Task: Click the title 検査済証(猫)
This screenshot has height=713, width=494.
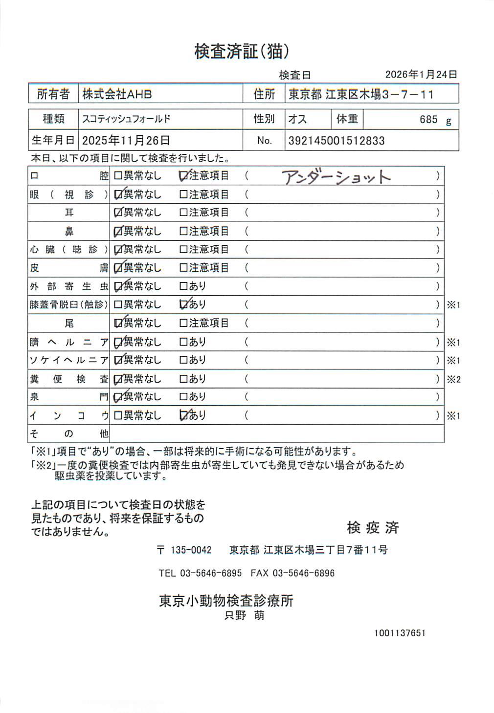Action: tap(242, 51)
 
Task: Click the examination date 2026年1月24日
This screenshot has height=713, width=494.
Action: tap(421, 74)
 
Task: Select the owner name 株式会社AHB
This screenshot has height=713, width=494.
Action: tap(117, 94)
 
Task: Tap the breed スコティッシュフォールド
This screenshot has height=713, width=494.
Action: tap(126, 119)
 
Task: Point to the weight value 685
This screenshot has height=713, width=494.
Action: tap(428, 119)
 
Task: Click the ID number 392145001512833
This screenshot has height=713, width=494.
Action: tap(337, 141)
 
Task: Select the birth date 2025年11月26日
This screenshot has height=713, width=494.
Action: tap(126, 141)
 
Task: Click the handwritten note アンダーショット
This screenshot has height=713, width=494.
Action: tap(337, 177)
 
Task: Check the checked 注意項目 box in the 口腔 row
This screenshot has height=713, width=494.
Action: tap(184, 176)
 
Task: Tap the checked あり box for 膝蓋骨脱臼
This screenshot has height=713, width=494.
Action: tap(184, 305)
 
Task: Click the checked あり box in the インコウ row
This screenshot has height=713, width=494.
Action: tap(184, 415)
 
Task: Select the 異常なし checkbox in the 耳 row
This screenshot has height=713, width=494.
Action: tap(118, 213)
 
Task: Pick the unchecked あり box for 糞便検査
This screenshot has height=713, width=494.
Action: tap(183, 379)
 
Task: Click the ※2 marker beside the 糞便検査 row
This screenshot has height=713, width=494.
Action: tap(453, 379)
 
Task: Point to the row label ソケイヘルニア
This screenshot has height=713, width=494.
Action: tap(69, 360)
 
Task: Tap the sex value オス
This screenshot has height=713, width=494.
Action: tap(297, 119)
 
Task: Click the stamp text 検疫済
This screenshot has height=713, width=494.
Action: tap(373, 527)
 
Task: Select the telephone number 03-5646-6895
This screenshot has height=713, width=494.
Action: tap(211, 573)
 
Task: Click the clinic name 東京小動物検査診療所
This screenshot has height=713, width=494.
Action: tap(226, 601)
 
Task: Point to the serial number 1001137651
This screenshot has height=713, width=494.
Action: tap(400, 633)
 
